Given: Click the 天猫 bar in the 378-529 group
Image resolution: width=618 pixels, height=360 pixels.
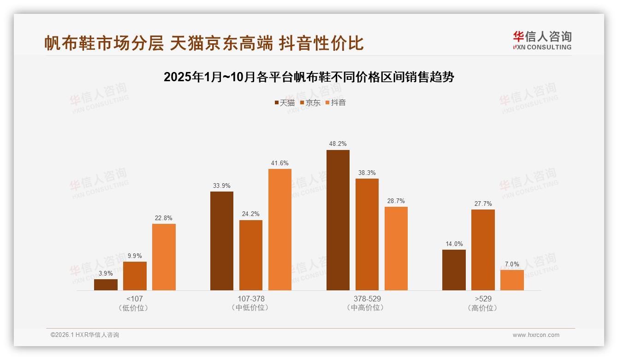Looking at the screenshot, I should point(338,220).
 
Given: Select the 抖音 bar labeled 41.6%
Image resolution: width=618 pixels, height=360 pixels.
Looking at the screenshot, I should point(280,229).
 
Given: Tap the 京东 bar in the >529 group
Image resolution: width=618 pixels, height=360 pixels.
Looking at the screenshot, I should point(483,250).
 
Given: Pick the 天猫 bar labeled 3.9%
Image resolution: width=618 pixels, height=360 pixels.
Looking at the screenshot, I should point(106,285).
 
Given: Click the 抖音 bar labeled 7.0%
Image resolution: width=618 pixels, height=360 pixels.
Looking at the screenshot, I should point(512,280).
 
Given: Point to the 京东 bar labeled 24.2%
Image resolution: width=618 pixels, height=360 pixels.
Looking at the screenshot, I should point(251,255).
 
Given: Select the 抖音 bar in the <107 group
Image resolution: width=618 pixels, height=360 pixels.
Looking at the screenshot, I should point(164,257).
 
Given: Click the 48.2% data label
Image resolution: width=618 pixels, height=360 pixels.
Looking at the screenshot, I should point(338,144).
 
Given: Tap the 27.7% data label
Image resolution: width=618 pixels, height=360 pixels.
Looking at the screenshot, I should point(483,204).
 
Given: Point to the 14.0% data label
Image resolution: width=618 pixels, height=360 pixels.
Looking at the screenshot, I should point(454,244).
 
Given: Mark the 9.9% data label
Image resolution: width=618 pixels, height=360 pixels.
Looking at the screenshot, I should point(135,256).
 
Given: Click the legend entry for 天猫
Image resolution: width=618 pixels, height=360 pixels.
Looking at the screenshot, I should point(285,103).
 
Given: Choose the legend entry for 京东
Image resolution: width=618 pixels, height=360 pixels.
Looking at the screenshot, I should point(310,103).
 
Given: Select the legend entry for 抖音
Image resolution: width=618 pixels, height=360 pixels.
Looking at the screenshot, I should point(336,103).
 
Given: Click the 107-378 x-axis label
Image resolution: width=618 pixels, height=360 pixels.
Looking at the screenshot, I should point(251,299).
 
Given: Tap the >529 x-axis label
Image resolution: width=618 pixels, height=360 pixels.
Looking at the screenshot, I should point(483,299).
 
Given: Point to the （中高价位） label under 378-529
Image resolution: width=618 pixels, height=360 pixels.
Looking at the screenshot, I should point(367,308).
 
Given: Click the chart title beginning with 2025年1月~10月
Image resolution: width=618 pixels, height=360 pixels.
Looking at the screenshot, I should point(309,77).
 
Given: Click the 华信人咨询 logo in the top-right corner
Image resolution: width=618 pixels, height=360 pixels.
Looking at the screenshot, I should point(542,40).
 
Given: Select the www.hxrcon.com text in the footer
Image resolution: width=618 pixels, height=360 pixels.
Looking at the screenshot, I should point(536,335).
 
